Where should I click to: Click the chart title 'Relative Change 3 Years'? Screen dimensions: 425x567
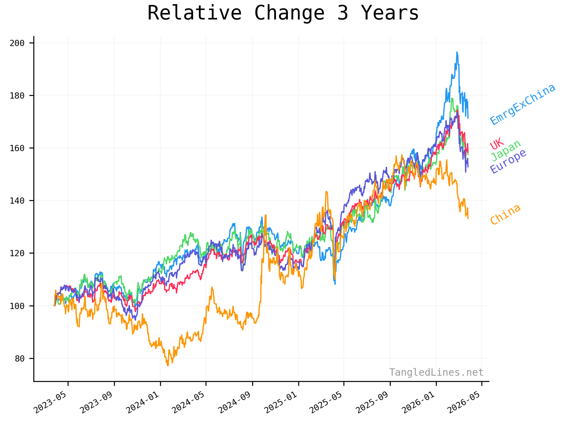coord(283,13)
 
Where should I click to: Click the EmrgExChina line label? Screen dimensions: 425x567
coord(523,104)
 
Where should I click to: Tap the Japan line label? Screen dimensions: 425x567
coord(506,151)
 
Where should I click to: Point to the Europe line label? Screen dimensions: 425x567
coord(508,161)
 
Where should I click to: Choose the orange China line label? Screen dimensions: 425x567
coord(505,214)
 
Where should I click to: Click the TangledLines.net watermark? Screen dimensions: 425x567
coord(436,372)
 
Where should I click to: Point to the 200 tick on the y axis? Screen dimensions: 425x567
coord(17,43)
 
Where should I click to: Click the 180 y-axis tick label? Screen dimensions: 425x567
coord(17,96)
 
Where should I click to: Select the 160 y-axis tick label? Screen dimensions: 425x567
coord(17,148)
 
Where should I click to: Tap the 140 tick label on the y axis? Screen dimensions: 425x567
coord(17,201)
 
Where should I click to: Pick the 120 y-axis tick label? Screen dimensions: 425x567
coord(17,253)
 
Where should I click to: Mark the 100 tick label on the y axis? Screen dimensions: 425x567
coord(17,306)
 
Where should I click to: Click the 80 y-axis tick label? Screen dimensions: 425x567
coord(19,359)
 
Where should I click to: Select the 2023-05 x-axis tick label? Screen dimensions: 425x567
coord(50,403)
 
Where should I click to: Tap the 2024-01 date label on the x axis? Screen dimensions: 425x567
coord(143,403)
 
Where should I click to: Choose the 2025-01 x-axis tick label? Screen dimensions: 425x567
coord(281,403)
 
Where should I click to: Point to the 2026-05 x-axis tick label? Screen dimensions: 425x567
coord(464,403)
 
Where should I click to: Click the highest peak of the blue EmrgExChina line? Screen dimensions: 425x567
coord(457,52)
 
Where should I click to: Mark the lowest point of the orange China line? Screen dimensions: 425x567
coord(168,365)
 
